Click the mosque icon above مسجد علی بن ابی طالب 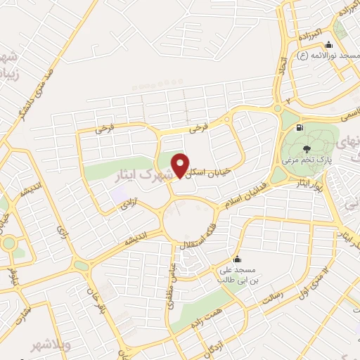coord(236,258)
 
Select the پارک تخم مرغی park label coord(305,161)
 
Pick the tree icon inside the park coord(306,148)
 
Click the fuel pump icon coord(300,128)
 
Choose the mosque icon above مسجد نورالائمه coord(329,45)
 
